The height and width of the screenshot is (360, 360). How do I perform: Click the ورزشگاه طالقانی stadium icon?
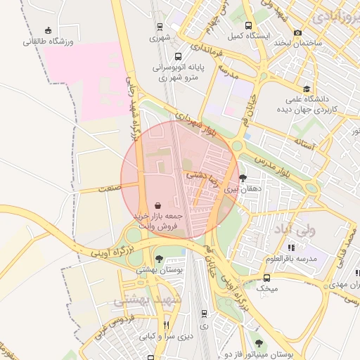point(48,30)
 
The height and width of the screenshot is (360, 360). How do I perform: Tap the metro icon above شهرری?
point(160,27)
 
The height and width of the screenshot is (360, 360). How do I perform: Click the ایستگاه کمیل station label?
point(245,34)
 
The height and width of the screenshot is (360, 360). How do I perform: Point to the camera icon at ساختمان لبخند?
point(298,32)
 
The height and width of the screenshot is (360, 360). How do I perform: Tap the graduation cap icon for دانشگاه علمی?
point(307,89)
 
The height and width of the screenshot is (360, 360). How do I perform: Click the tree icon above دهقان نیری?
point(243,177)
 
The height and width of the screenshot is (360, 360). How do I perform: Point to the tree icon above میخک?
point(266,276)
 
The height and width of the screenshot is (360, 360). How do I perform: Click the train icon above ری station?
point(204,314)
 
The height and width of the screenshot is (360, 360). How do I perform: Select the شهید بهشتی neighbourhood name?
point(150,300)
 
